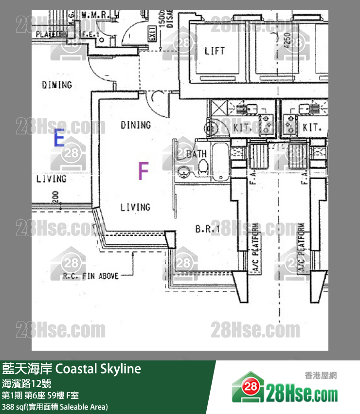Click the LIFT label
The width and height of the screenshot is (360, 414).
click(x=215, y=51)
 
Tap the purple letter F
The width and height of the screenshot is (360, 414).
click(x=143, y=171)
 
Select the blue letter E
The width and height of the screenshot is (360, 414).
click(x=59, y=139)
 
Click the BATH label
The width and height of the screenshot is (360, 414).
click(x=197, y=154)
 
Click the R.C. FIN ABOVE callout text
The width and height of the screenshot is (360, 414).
click(x=90, y=276)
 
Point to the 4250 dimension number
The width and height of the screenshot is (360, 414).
click(x=287, y=38)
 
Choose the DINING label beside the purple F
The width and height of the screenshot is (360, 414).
click(x=136, y=125)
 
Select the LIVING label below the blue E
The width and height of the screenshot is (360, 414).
click(x=52, y=179)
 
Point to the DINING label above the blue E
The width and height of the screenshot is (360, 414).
click(x=56, y=85)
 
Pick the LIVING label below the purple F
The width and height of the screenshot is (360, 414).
click(x=135, y=207)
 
